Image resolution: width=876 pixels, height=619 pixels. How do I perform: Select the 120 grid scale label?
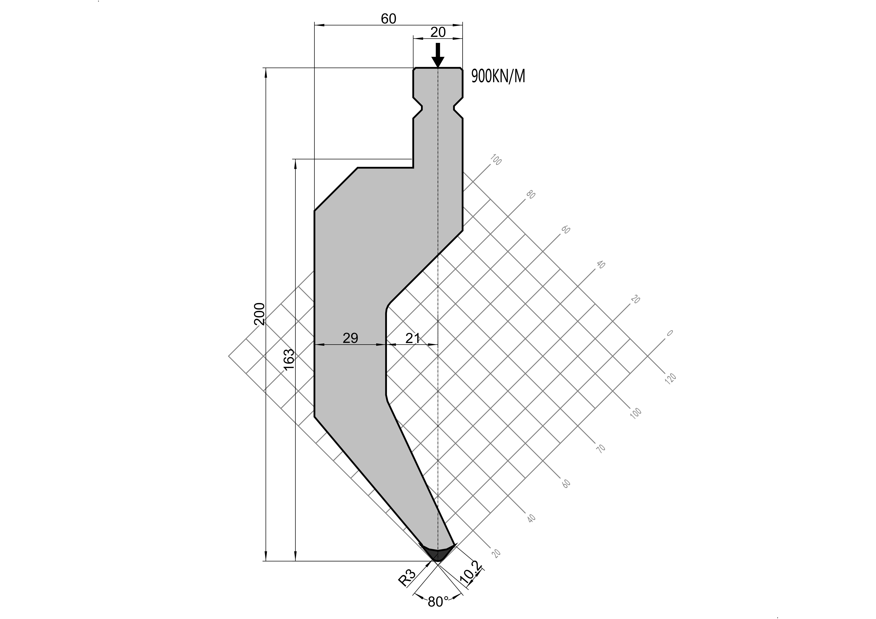(670, 378)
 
